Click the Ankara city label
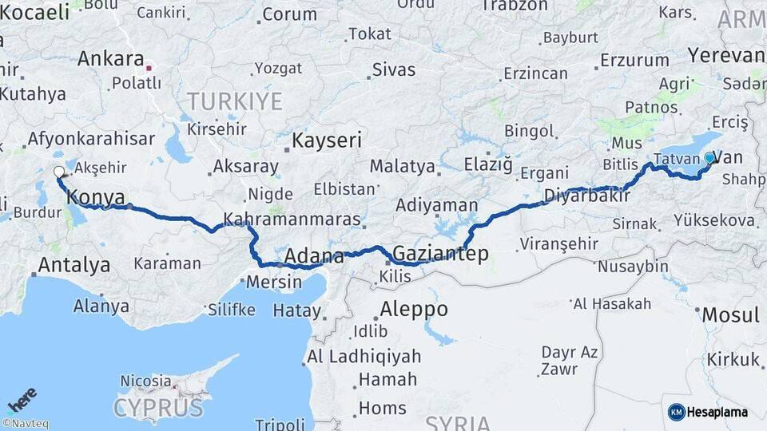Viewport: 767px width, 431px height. (x=110, y=59)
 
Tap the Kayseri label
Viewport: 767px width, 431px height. (x=328, y=140)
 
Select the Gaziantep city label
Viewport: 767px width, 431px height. (x=439, y=253)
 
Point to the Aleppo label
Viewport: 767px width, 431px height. (x=414, y=309)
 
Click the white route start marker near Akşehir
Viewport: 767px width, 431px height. (x=58, y=172)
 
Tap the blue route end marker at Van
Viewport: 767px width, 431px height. (x=709, y=158)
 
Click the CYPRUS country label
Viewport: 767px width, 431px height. (x=158, y=408)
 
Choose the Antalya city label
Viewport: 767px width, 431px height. (x=74, y=265)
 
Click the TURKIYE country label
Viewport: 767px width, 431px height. (x=234, y=101)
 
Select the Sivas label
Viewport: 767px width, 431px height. (x=394, y=69)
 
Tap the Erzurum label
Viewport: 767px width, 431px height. (x=634, y=60)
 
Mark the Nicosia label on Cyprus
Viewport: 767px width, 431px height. (x=145, y=381)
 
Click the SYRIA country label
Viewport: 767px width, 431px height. (x=458, y=422)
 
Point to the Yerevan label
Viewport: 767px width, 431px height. (x=725, y=55)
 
